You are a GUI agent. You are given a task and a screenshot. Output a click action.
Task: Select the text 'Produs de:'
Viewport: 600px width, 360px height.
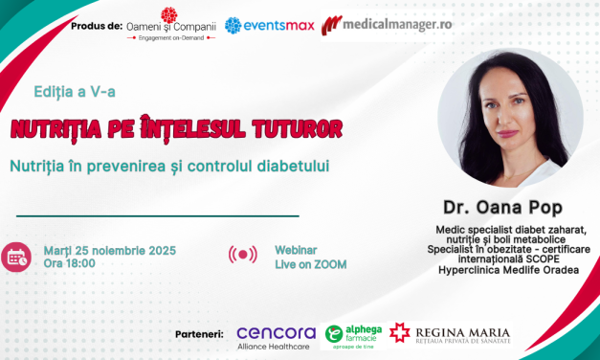96,22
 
